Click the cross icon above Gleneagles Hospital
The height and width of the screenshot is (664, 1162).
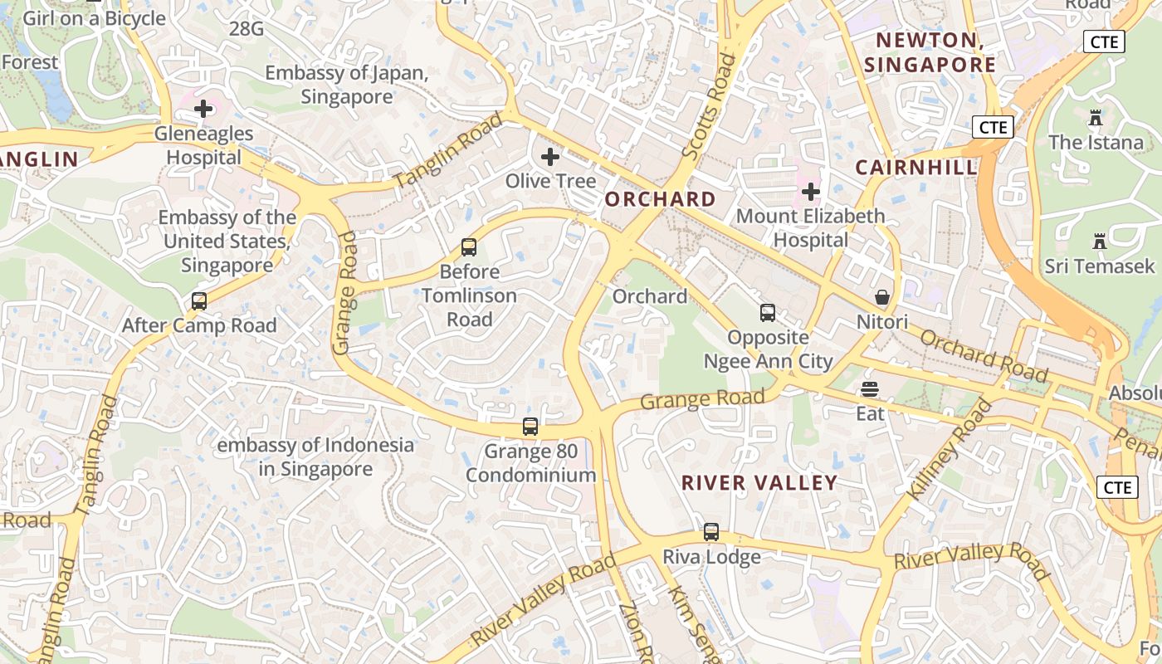(203, 109)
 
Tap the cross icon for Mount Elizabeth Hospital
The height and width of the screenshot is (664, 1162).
(810, 193)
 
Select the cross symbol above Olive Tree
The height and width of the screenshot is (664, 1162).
(549, 157)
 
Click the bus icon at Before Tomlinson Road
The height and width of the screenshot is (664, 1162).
(469, 247)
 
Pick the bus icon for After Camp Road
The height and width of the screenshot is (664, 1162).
(199, 301)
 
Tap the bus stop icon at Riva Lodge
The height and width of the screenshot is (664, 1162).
(711, 532)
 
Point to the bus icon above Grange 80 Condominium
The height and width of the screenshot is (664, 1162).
(530, 427)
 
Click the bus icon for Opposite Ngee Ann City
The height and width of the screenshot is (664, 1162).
(768, 313)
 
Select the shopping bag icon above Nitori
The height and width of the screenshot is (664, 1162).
(882, 297)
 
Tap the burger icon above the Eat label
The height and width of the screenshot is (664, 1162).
(870, 388)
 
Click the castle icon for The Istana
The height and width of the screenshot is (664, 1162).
(1096, 118)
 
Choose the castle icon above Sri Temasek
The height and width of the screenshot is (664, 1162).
(1100, 242)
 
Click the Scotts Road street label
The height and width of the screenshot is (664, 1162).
(709, 106)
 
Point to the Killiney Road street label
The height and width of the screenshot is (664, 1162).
(950, 449)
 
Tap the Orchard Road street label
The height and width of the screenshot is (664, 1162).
(984, 356)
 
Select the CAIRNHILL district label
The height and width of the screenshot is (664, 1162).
(916, 168)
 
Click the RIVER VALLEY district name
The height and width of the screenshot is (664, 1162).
(759, 483)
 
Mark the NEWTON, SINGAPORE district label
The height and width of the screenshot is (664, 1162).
(930, 52)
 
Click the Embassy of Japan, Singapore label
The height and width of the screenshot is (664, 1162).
(347, 85)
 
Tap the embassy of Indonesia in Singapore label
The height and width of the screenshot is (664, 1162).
(315, 457)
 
